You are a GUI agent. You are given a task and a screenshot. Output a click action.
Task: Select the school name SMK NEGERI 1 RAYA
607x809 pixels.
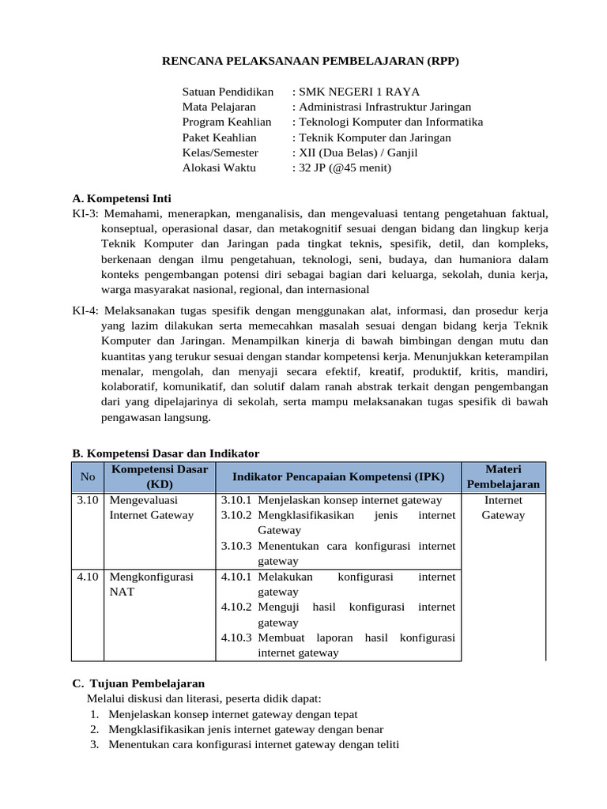click(358, 92)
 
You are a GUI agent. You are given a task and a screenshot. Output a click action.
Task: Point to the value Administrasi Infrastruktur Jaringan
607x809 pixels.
click(383, 107)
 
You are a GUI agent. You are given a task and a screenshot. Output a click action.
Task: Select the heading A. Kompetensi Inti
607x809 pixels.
click(121, 198)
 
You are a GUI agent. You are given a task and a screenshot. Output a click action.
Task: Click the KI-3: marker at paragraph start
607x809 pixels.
click(85, 214)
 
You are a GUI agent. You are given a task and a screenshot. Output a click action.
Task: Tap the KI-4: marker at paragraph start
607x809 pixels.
click(85, 310)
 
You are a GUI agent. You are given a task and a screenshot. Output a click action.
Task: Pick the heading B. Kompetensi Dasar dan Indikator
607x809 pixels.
click(165, 453)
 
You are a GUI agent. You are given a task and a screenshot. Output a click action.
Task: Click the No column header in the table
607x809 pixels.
click(87, 476)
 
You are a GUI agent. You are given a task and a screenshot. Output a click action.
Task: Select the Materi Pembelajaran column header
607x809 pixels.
click(503, 476)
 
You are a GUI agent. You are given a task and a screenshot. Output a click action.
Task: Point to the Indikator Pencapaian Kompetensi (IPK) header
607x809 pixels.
click(338, 476)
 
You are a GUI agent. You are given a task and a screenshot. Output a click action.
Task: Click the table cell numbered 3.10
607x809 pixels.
click(87, 500)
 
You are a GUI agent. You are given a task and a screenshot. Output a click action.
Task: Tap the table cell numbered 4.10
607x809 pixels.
click(87, 577)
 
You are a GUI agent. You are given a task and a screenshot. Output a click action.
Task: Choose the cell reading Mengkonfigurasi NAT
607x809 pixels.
click(150, 584)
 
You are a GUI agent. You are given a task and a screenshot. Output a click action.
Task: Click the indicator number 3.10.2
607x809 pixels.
click(236, 515)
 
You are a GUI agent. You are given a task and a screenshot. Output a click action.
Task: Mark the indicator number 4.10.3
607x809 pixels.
click(236, 638)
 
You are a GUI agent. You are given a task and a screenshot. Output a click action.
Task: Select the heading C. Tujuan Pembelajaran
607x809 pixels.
click(138, 683)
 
